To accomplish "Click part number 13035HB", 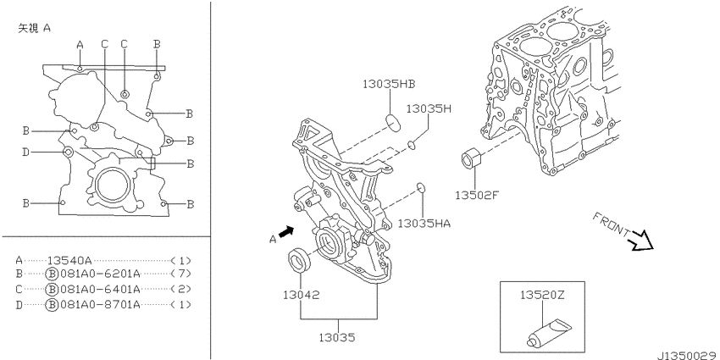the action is (389, 84).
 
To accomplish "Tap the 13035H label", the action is (429, 108).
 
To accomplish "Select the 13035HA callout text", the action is (424, 224).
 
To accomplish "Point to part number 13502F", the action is (477, 195).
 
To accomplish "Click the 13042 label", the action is (301, 294).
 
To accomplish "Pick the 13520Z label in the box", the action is (542, 295).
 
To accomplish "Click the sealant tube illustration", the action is (549, 332).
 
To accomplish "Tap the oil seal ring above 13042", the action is (299, 259).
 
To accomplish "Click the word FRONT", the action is (612, 224).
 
